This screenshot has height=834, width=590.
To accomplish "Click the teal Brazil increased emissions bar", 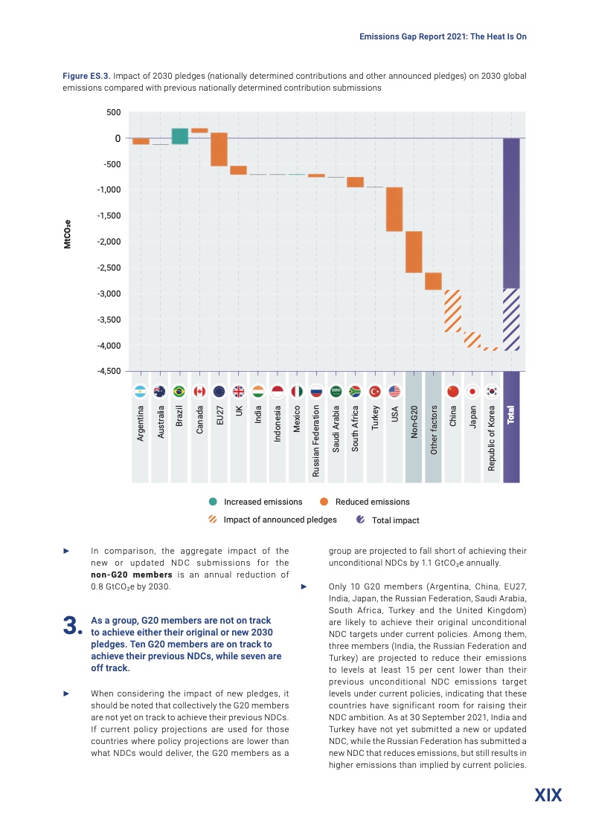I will (x=180, y=136).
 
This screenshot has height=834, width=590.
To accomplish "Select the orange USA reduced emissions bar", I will (x=394, y=209).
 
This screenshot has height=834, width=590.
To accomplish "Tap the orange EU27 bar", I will (x=219, y=160).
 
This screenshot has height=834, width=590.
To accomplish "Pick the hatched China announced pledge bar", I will (x=452, y=310).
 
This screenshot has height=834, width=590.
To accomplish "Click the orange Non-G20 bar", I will (x=414, y=252).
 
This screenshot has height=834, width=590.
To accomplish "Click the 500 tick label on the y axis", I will (x=113, y=112).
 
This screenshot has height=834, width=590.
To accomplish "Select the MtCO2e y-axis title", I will (x=67, y=233).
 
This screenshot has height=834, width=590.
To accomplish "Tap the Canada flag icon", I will (x=199, y=392).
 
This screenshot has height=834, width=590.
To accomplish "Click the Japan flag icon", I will (x=472, y=392).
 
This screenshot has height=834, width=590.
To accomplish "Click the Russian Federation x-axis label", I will (x=315, y=440).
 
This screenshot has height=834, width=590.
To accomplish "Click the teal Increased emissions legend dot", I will (x=213, y=502).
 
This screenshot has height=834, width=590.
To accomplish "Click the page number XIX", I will (x=548, y=795).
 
